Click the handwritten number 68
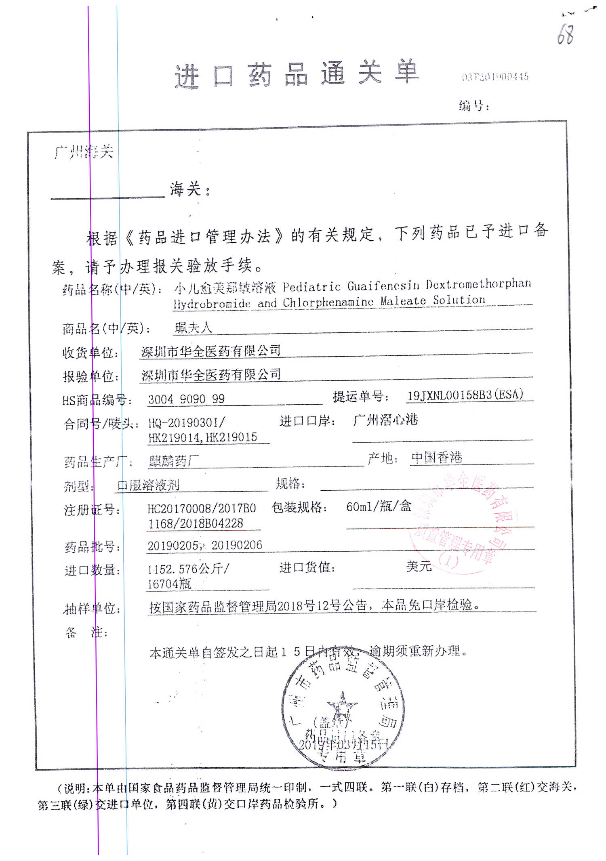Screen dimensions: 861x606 tap(565, 34)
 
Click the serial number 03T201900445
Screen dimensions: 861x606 tap(495, 77)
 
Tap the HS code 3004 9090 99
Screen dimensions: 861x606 tap(186, 399)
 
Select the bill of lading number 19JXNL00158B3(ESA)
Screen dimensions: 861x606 tap(465, 395)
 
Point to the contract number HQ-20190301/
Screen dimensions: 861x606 tap(187, 423)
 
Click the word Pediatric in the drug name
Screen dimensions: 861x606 tap(311, 287)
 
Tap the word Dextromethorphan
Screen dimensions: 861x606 tap(478, 284)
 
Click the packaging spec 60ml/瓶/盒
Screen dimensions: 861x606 tap(379, 506)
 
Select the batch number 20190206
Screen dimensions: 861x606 tap(237, 545)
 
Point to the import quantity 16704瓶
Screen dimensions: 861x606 tap(169, 584)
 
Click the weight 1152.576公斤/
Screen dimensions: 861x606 tap(188, 569)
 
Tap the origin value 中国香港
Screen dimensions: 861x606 tap(436, 458)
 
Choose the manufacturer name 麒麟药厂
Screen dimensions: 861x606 tap(174, 461)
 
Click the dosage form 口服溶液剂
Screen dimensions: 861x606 tap(148, 485)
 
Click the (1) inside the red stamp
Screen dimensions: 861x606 tap(448, 560)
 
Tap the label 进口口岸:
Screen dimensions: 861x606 tap(307, 421)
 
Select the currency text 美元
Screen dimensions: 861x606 tap(419, 566)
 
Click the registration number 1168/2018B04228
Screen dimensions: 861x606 tap(196, 524)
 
